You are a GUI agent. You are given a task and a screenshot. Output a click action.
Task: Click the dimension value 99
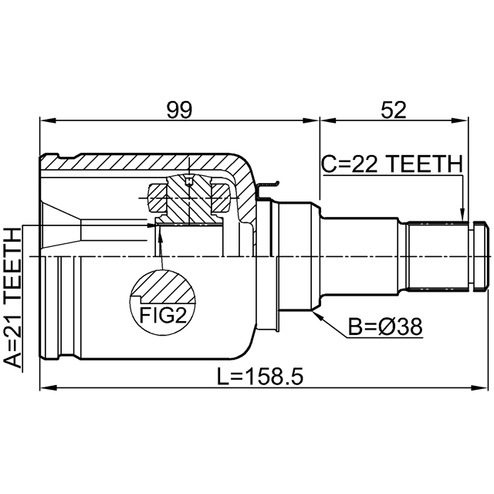pyautogui.click(x=179, y=110)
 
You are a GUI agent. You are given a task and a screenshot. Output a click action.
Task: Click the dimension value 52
pyautogui.click(x=394, y=110)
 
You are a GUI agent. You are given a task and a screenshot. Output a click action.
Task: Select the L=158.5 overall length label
pyautogui.click(x=260, y=377)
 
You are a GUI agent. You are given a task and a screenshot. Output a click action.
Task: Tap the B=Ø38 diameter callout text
pyautogui.click(x=385, y=327)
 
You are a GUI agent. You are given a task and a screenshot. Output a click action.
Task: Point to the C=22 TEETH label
pyautogui.click(x=392, y=164)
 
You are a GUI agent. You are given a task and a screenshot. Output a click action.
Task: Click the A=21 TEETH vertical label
pyautogui.click(x=13, y=298)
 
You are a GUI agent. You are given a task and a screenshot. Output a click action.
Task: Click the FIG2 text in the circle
pyautogui.click(x=163, y=316)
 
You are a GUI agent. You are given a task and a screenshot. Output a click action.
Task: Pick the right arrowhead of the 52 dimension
pyautogui.click(x=461, y=120)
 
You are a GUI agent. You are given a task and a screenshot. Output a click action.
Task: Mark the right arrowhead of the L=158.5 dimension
pyautogui.click(x=480, y=387)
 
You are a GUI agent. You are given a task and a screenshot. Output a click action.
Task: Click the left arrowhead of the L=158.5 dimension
pyautogui.click(x=47, y=387)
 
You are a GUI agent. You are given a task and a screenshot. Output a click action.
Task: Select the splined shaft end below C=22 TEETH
pyautogui.click(x=438, y=255)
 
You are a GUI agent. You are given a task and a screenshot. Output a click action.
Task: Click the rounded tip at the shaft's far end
pyautogui.click(x=481, y=256)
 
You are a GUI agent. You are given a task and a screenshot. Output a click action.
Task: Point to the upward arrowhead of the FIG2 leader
pyautogui.click(x=160, y=234)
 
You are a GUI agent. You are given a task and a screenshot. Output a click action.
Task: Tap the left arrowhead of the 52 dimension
pyautogui.click(x=327, y=120)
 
